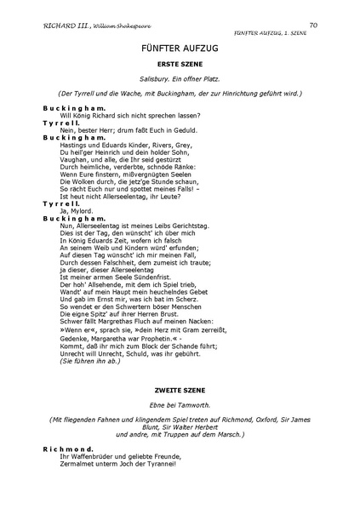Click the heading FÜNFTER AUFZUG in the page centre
pos(180,51)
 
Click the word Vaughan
pos(74,158)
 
